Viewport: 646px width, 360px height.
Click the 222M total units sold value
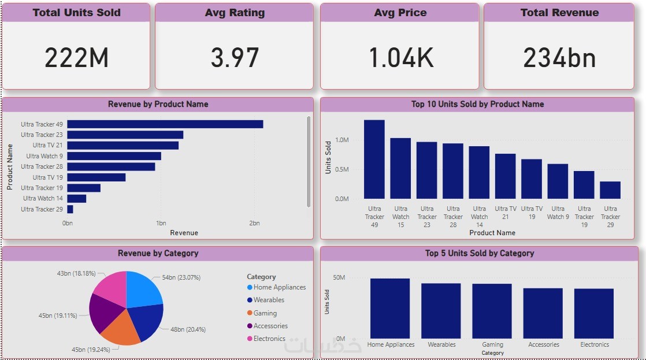(x=76, y=58)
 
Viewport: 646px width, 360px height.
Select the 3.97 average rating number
(x=235, y=58)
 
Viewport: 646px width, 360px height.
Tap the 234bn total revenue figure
(x=559, y=58)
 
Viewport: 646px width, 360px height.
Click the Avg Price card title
(x=400, y=13)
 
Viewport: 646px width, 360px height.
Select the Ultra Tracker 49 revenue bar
(x=165, y=124)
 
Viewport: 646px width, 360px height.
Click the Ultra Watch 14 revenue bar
(x=76, y=199)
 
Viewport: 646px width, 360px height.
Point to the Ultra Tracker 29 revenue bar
(x=70, y=209)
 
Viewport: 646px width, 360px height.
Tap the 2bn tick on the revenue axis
(x=254, y=223)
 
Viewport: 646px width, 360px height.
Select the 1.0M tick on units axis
(x=341, y=140)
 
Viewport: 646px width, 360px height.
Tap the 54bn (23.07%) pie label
(x=181, y=277)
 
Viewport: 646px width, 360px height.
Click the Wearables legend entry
(x=269, y=300)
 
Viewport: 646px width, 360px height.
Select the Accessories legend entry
(x=270, y=326)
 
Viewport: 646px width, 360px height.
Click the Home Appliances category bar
(x=390, y=309)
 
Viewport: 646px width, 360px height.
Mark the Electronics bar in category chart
(x=593, y=314)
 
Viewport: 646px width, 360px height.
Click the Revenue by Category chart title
(x=158, y=253)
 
